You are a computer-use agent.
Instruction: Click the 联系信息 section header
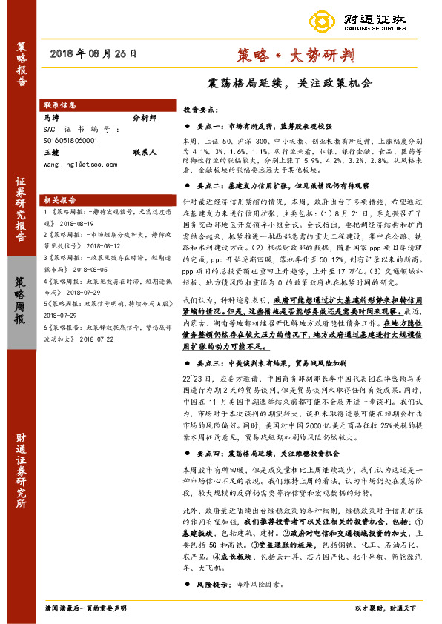point(61,105)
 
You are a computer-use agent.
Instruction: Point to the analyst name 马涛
point(52,117)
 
